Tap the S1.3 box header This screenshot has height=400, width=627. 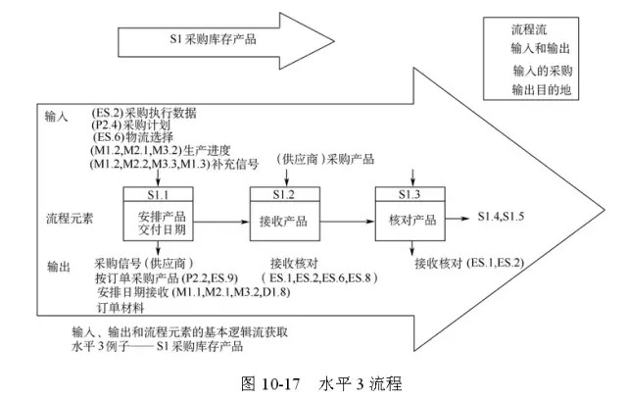[410, 194]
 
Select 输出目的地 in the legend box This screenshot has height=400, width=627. [542, 90]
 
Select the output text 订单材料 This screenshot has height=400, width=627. [121, 308]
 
